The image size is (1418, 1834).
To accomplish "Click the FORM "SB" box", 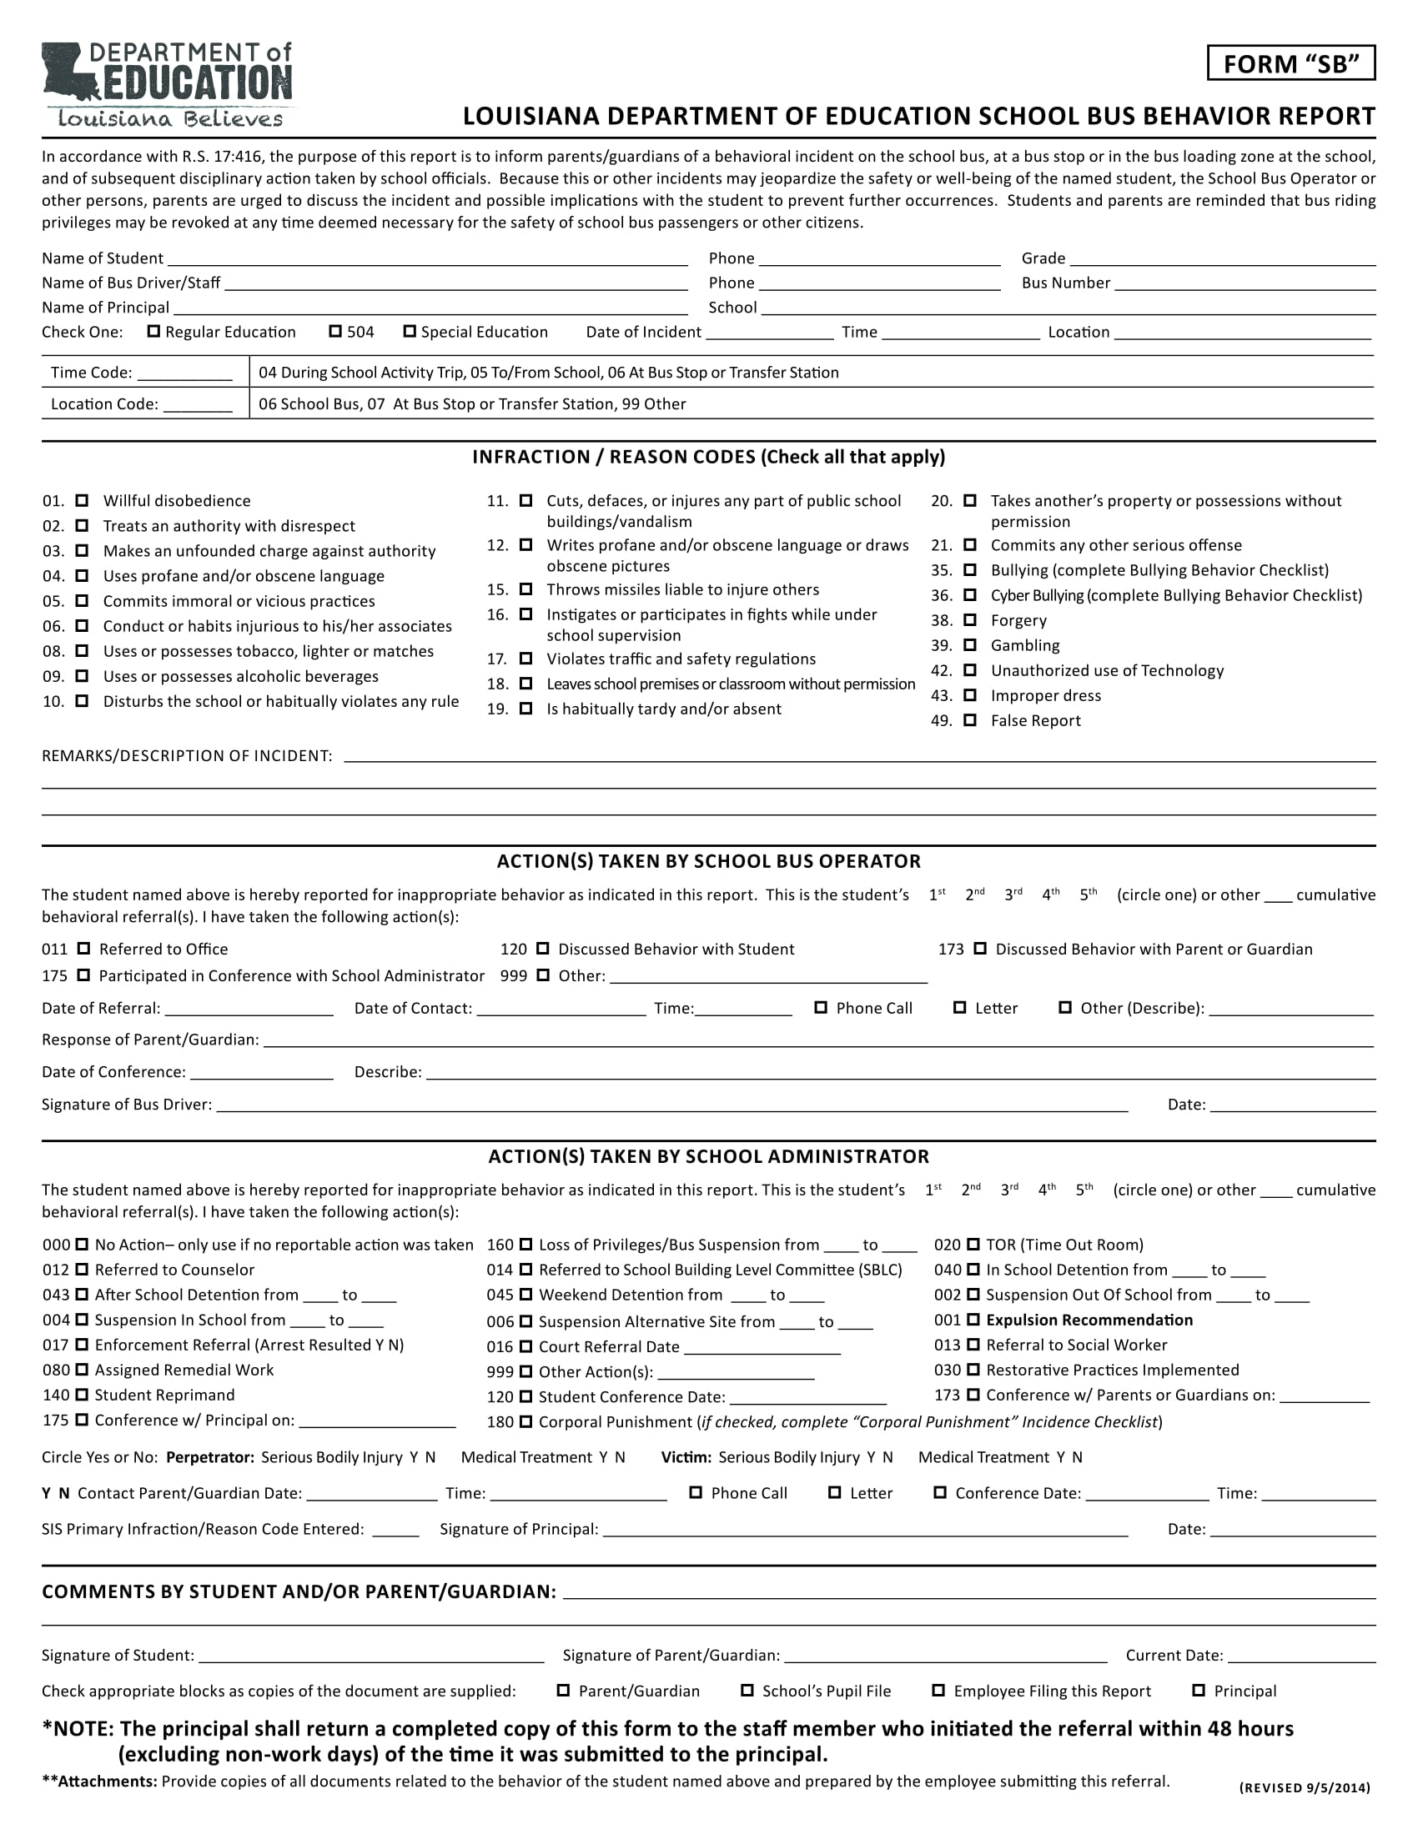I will [x=1290, y=64].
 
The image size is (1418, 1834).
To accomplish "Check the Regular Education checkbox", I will [x=153, y=331].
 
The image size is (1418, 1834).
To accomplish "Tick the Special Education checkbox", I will [x=410, y=331].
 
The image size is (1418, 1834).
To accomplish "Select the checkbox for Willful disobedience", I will [x=83, y=500].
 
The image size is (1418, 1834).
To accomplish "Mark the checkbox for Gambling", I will [x=970, y=645].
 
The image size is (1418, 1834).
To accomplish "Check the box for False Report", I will [x=970, y=719].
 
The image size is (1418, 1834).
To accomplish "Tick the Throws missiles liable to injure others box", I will [x=526, y=589].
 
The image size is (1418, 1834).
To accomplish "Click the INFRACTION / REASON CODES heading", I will [x=708, y=457].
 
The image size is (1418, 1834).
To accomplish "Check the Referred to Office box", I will [x=84, y=949].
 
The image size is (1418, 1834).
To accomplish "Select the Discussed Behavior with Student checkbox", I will [x=543, y=949].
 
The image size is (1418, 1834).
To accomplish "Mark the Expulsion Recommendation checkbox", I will [x=973, y=1320].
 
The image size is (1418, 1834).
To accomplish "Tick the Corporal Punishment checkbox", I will [x=526, y=1421].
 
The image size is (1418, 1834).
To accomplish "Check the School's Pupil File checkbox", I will [x=747, y=1691].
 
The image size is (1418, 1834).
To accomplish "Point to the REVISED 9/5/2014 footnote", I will [x=1305, y=1788].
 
